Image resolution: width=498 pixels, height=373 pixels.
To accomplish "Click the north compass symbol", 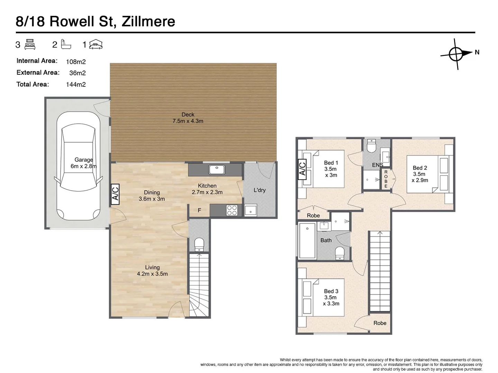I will pos(456,54).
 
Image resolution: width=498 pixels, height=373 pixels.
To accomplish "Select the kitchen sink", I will pos(217,170).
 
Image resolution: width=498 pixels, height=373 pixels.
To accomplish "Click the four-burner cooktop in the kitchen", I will pos(232,210).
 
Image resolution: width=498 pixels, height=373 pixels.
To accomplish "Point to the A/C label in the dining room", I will pos(115,194).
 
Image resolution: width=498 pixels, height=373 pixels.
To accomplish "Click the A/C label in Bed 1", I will pos(302,170).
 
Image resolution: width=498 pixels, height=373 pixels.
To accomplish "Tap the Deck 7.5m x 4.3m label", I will pos(188,118).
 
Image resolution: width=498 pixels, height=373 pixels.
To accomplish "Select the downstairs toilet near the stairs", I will pos(199,245).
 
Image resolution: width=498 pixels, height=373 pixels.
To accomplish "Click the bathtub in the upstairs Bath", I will pos(307,241).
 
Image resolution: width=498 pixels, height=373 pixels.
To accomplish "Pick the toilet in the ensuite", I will pos(371,146).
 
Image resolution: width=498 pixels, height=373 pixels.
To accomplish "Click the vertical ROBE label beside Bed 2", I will pos(386,179).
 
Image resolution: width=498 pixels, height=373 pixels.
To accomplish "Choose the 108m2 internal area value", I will pos(76,62).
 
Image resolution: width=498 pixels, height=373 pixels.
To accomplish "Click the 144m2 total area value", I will pos(76,85).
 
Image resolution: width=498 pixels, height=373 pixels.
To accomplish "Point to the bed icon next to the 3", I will pos(30,45).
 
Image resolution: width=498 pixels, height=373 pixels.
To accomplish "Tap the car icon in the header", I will pos(96,45).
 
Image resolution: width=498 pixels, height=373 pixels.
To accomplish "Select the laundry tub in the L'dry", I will pos(251,210).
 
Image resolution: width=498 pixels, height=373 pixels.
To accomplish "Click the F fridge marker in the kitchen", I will pos(200,210).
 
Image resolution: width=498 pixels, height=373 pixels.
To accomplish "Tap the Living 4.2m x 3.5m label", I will pos(152,270).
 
